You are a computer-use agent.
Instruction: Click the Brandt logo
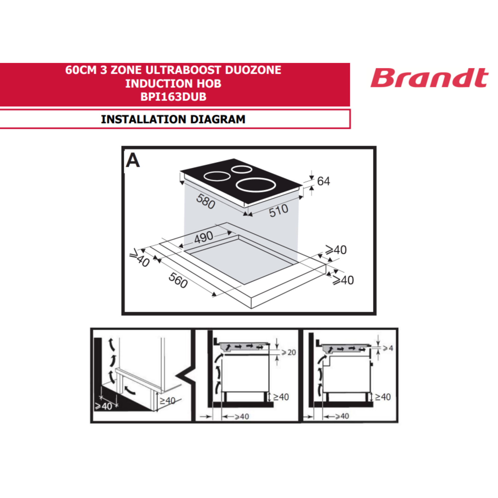coord(430,78)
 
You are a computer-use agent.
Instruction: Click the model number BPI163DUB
coord(174,97)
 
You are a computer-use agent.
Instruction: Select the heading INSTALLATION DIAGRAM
coord(173,119)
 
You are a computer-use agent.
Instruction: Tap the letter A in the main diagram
coord(133,160)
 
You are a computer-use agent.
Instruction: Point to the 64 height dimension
coord(323,181)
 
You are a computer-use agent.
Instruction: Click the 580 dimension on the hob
coord(206,201)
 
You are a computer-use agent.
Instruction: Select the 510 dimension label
coord(279,211)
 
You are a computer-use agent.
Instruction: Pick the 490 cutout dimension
coord(204,237)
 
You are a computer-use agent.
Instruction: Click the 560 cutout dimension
coord(178,280)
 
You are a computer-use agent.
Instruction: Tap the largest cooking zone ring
coord(256,185)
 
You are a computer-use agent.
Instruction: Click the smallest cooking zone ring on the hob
coord(242,169)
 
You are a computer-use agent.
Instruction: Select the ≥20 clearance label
coord(288,352)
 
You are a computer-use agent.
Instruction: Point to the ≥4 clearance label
coord(388,349)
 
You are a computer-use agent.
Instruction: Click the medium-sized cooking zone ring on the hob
coord(217,176)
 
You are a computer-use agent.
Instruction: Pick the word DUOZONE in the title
coord(253,70)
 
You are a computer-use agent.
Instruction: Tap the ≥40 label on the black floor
coord(104,407)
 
